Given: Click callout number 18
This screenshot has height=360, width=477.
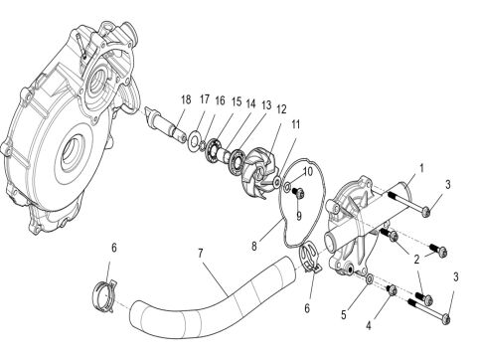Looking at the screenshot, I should pyautogui.click(x=185, y=99).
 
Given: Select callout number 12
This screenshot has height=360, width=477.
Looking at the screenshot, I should pyautogui.click(x=281, y=107).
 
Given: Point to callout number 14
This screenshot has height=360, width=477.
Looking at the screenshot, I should pyautogui.click(x=251, y=103).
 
